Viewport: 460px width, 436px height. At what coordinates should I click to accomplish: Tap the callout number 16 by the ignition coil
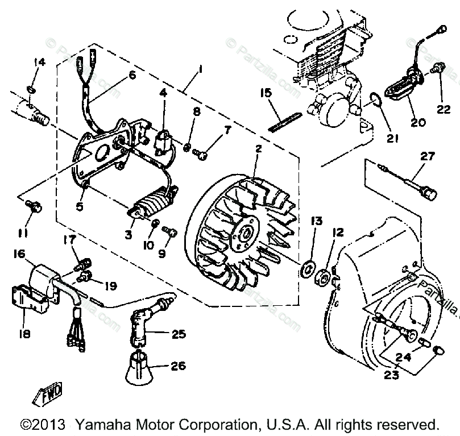(19, 252)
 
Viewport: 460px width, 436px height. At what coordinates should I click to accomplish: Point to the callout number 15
(268, 92)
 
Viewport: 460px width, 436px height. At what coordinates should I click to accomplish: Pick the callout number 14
(38, 62)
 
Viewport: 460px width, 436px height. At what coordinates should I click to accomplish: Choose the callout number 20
(418, 122)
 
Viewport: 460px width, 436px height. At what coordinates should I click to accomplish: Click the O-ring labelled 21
(374, 101)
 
